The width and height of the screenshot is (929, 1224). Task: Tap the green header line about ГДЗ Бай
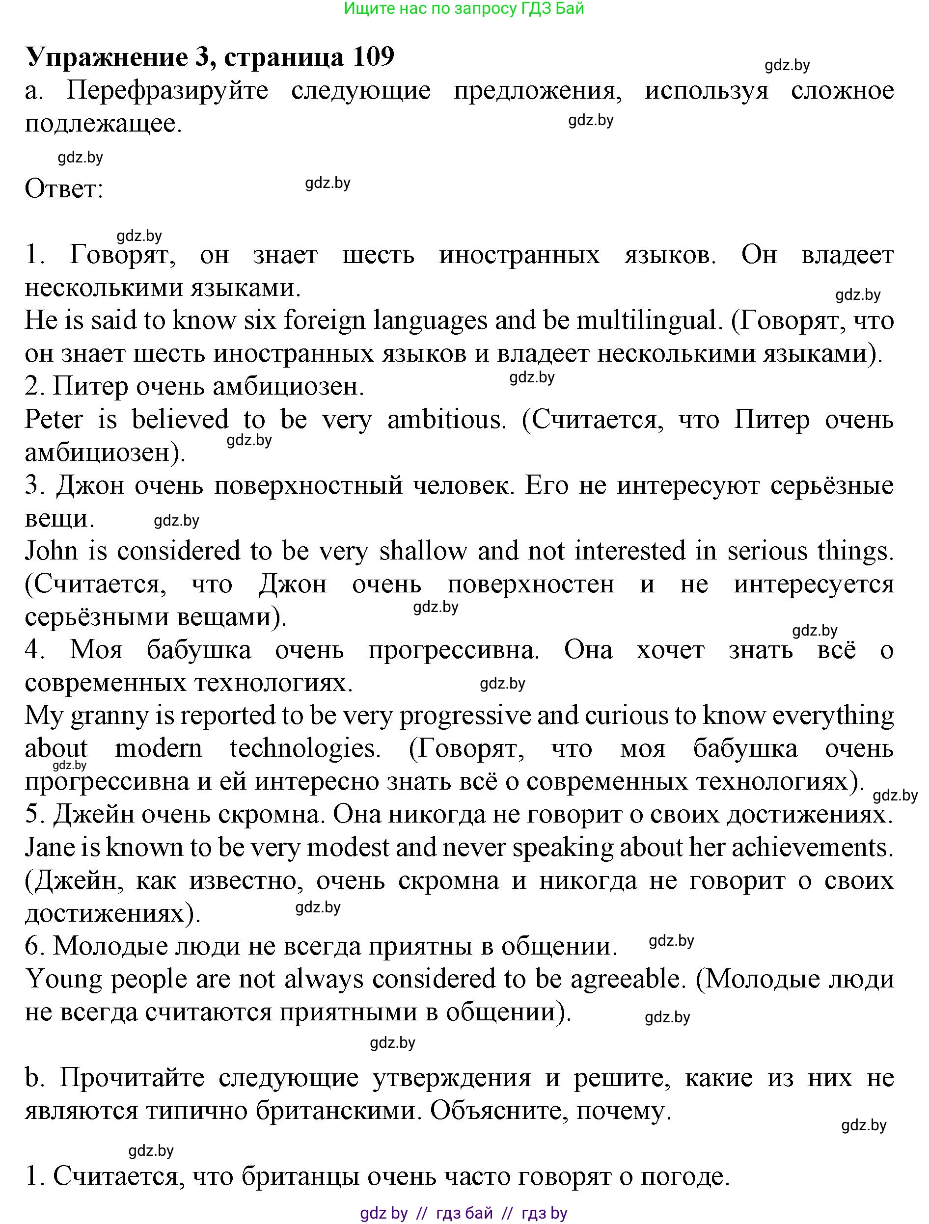(464, 9)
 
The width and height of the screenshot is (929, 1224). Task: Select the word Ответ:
(64, 189)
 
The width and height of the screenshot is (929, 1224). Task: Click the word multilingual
(647, 321)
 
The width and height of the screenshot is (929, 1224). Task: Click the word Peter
(54, 420)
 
